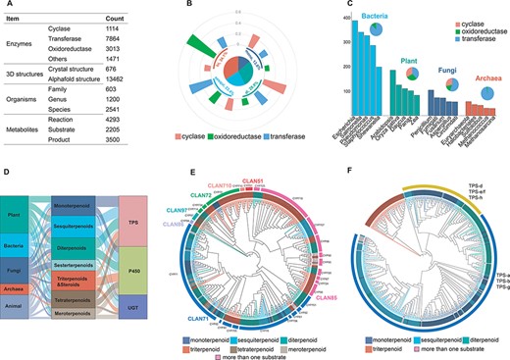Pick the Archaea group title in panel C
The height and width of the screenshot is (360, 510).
[x=481, y=80]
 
